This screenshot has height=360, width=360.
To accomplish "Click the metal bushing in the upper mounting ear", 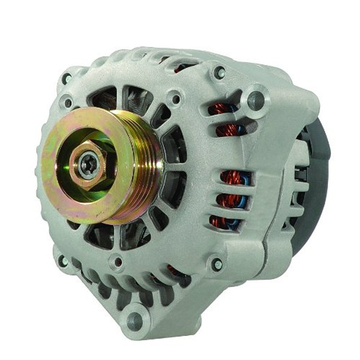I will [x=256, y=100].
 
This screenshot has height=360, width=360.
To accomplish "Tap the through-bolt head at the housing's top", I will [x=220, y=73].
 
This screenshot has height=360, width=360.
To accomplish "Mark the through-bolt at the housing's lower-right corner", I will [x=217, y=263].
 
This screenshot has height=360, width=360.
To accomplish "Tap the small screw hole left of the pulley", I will [x=68, y=103].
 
